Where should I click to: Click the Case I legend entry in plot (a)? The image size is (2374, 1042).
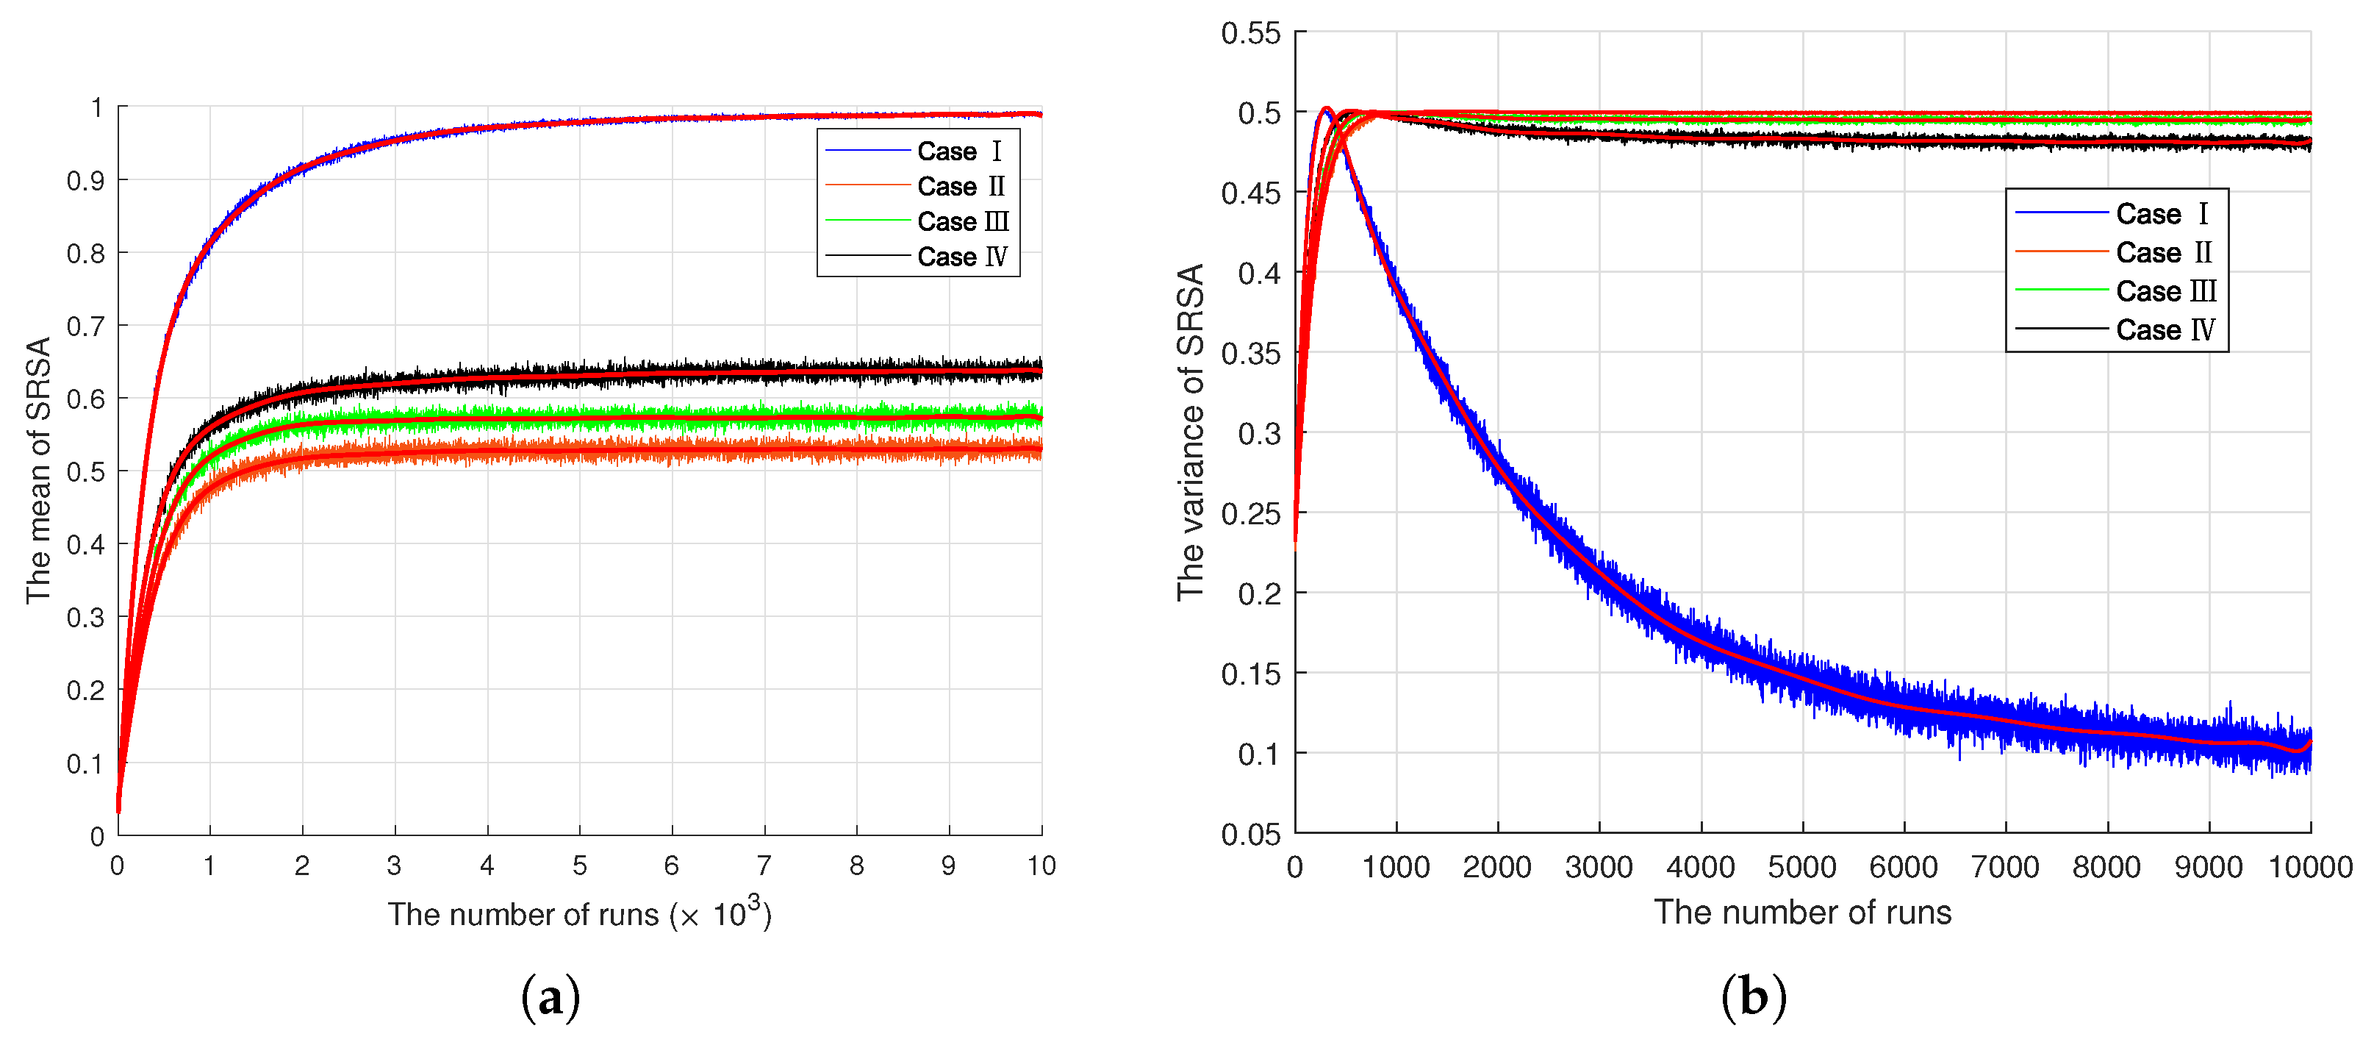coord(958,151)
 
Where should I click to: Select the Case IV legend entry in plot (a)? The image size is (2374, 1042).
coord(961,257)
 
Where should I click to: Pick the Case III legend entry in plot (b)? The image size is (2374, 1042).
coord(2165,291)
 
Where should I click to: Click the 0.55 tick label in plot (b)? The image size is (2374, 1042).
coord(1251,34)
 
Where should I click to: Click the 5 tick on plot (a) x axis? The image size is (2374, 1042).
coord(580,866)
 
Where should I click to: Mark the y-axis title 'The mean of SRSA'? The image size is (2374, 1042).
coord(39,471)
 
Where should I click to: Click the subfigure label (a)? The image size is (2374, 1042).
coord(551,998)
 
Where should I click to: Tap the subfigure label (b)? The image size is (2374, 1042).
coord(1753,998)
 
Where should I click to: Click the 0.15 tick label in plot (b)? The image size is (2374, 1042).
coord(1251,674)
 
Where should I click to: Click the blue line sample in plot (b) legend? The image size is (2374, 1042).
coord(2062,213)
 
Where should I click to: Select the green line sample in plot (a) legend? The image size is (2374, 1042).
coord(867,221)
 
